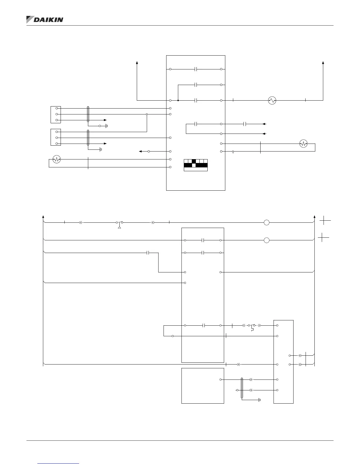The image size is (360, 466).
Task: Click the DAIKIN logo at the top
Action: point(45,19)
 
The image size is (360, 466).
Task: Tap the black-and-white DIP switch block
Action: point(196,165)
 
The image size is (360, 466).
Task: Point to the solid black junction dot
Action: point(178,100)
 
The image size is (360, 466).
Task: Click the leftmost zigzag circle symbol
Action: point(56,159)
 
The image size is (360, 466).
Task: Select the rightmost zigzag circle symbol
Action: point(303,144)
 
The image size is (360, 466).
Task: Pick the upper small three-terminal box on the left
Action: point(56,114)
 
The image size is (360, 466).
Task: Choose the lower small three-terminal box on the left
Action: point(56,137)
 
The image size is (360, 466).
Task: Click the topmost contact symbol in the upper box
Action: point(196,69)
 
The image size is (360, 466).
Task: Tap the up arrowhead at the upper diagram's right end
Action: point(323,63)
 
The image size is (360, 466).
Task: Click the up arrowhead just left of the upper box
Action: point(137,63)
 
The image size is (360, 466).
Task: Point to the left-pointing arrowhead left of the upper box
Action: point(140,151)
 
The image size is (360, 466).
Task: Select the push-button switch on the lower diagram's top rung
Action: point(119,224)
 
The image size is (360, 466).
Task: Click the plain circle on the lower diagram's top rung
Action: point(266,222)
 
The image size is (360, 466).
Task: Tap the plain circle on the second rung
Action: point(266,240)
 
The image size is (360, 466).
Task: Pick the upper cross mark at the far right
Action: point(325,220)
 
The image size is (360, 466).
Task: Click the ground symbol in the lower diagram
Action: point(259,400)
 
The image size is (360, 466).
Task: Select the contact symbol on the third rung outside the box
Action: point(149,253)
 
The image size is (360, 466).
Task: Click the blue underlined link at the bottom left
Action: point(59,463)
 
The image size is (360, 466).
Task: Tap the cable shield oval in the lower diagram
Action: point(242,388)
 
